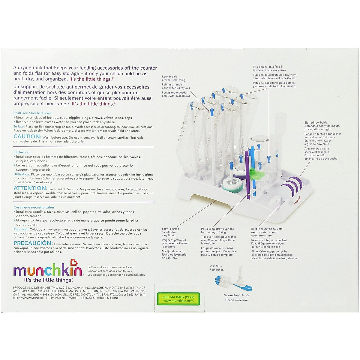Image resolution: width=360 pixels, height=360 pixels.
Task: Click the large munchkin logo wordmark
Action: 48,271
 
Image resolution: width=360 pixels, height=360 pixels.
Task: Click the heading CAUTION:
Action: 26,136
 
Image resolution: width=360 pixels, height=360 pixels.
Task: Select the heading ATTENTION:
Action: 30,188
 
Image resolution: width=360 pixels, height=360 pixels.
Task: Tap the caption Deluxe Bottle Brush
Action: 236,295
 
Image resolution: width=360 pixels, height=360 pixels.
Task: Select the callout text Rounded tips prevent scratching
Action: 173,78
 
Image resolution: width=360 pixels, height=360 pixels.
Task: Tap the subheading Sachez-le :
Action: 22,152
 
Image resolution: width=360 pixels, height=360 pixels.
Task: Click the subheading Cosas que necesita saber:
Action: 34,207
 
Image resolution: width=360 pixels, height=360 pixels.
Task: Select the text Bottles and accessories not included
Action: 110,267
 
